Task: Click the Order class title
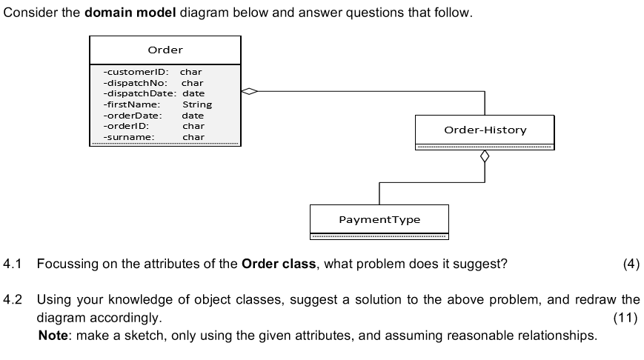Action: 165,50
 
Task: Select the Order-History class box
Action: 485,130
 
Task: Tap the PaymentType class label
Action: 379,220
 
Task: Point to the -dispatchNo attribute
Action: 134,83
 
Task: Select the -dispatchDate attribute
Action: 139,93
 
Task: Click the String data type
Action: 196,104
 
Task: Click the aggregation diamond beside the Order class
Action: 250,92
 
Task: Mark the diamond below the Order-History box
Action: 485,157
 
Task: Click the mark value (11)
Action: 626,318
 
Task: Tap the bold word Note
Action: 50,336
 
